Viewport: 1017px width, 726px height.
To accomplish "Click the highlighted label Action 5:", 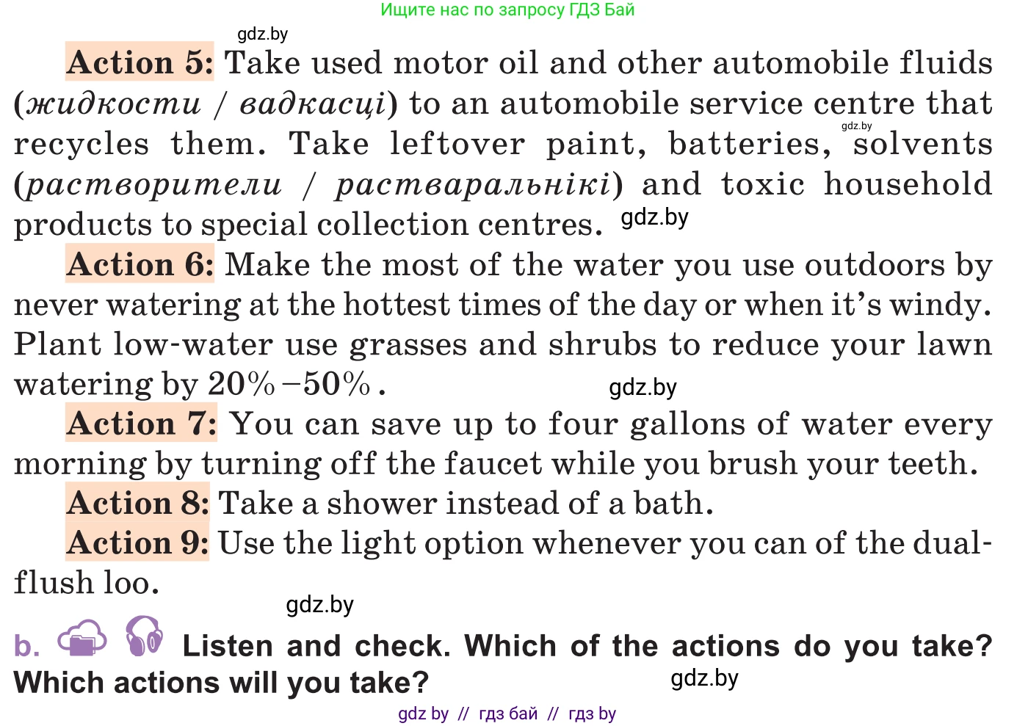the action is tap(140, 62).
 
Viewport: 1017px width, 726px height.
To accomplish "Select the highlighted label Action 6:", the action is tap(140, 264).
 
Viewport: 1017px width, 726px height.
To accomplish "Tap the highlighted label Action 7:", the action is tap(141, 422).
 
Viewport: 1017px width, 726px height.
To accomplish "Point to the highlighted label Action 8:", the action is tap(137, 502).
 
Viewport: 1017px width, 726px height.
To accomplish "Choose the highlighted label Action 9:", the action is tap(137, 542).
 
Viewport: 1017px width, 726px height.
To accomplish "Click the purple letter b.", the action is tap(26, 645).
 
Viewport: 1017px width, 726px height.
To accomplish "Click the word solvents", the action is tap(922, 145).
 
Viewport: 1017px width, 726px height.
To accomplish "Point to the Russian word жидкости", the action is tap(113, 104).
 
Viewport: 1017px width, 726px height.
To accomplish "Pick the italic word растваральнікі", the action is tap(473, 185).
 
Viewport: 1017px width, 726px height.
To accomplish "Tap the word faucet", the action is tap(493, 462).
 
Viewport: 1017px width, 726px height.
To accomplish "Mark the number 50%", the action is tap(336, 383).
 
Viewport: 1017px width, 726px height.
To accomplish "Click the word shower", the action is tap(382, 503).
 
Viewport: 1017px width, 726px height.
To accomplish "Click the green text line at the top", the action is tap(507, 10).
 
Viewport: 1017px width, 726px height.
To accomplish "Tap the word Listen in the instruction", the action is tap(228, 645).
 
